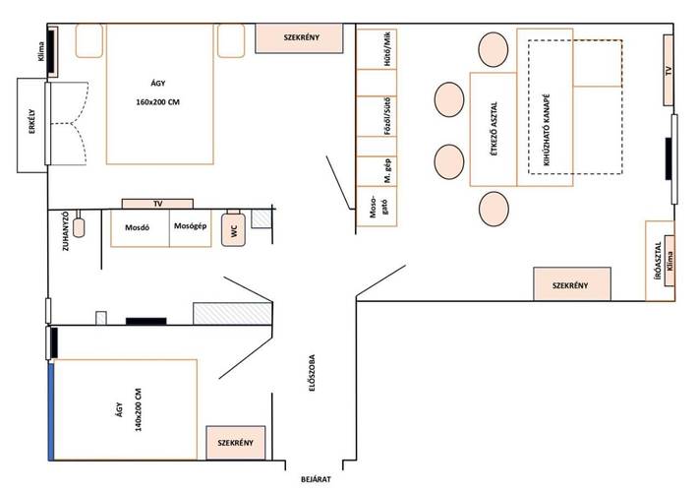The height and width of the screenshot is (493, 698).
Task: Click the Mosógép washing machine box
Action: (x=189, y=227)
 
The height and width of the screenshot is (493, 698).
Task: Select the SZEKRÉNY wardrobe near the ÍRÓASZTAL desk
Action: (x=571, y=284)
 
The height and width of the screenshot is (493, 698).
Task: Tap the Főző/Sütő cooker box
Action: (x=370, y=125)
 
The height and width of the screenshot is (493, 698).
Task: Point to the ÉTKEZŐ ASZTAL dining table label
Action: (x=494, y=127)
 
